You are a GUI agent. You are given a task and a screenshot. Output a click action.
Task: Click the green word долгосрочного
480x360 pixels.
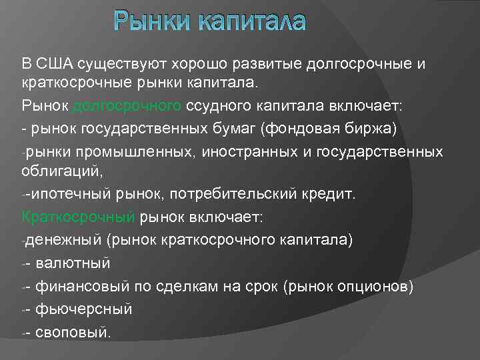click(126, 107)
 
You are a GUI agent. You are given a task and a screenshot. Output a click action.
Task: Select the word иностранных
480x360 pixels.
click(247, 152)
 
